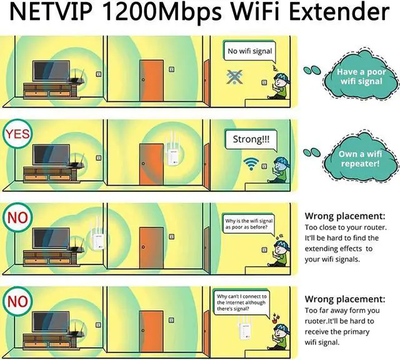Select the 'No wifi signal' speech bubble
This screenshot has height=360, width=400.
tap(249, 51)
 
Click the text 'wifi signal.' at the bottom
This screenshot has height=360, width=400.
tap(322, 342)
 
